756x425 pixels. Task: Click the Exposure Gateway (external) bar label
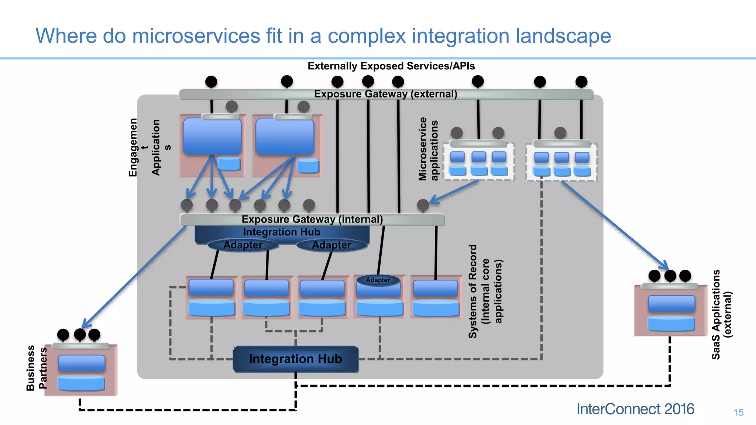coord(386,94)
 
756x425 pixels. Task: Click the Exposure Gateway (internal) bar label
coord(312,220)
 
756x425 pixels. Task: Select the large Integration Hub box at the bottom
coord(296,359)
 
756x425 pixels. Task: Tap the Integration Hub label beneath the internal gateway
coord(282,232)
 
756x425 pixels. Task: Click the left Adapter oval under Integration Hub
coord(243,245)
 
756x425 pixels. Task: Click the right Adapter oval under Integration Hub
coord(331,245)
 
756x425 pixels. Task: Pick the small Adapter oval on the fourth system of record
coord(378,280)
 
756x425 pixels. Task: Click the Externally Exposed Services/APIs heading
coord(391,66)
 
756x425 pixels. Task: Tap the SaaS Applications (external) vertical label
coord(721,314)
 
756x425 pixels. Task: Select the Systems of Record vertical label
coord(485,291)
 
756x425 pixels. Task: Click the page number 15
coord(738,412)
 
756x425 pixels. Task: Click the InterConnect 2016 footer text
coord(635,409)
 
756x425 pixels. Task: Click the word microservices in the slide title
coord(196,36)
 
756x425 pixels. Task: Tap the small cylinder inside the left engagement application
coord(229,163)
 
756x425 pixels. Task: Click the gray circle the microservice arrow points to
coord(423,205)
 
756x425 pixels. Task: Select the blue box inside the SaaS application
coord(671,304)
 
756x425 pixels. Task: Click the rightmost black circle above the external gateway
coord(581,82)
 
